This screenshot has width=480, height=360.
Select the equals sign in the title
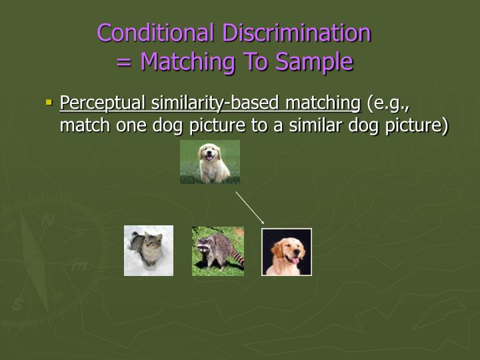point(124,62)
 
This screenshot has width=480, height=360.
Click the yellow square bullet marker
point(49,103)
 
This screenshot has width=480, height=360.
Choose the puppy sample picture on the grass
point(210,162)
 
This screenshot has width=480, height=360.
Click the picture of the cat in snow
point(149,251)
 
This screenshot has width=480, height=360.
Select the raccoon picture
point(218,251)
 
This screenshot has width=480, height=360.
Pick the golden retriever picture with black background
point(287,251)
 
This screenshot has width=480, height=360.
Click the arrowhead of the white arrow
point(263,221)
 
